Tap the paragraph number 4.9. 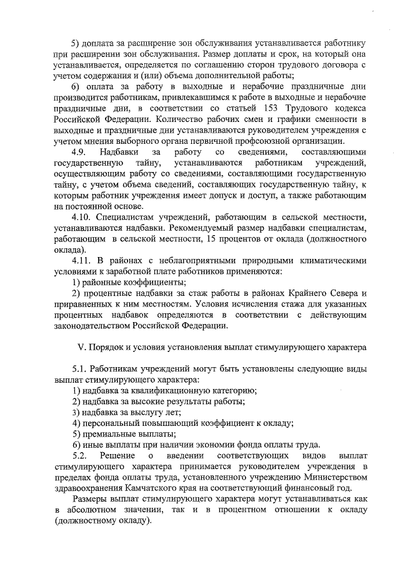81,152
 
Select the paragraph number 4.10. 82,217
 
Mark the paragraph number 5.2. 81,455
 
